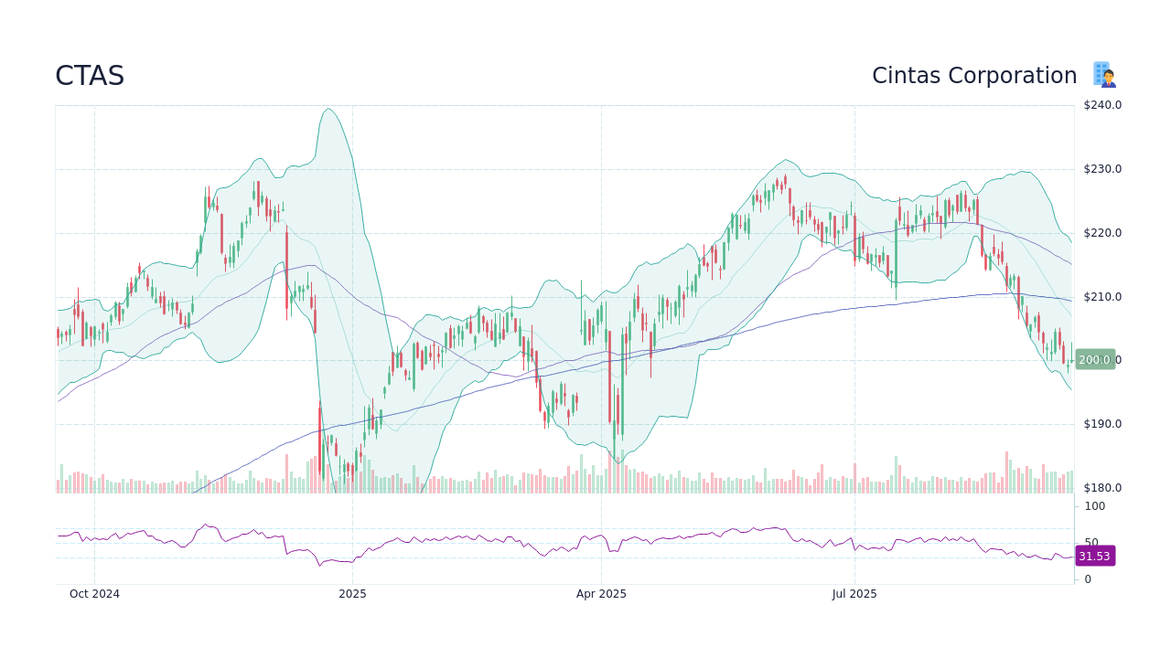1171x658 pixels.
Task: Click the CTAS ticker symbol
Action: [x=90, y=76]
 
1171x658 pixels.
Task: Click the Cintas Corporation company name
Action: [x=974, y=76]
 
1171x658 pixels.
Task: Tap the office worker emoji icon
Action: [x=1105, y=75]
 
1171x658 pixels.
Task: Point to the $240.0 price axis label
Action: [x=1102, y=105]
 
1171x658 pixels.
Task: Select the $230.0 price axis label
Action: [x=1102, y=169]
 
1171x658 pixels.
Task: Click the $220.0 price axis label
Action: [x=1102, y=233]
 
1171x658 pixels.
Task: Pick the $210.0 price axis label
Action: [x=1102, y=297]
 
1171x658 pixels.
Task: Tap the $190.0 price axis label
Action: [x=1102, y=424]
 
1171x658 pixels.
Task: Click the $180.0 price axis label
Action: [x=1102, y=488]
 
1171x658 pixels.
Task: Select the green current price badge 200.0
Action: [x=1095, y=360]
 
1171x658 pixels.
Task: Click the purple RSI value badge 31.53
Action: [x=1094, y=557]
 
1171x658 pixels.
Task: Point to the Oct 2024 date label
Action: [x=94, y=594]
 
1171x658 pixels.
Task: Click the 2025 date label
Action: [x=352, y=594]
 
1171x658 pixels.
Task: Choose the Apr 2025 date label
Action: [x=601, y=594]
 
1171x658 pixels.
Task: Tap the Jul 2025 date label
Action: [x=854, y=594]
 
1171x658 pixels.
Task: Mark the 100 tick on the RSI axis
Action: [x=1095, y=506]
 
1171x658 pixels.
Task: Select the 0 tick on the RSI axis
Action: [x=1088, y=579]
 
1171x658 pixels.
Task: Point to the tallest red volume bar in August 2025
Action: [x=1006, y=472]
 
